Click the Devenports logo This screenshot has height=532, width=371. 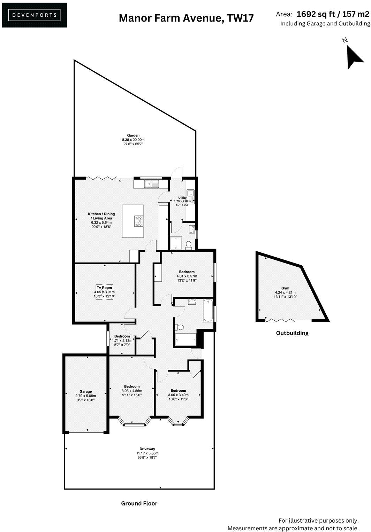pyautogui.click(x=34, y=15)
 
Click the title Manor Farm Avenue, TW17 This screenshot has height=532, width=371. pyautogui.click(x=186, y=18)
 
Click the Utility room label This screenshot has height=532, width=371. pyautogui.click(x=182, y=198)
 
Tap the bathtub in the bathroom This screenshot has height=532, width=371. pyautogui.click(x=208, y=310)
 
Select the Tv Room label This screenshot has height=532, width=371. pyautogui.click(x=105, y=288)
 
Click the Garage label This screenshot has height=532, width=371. pyautogui.click(x=85, y=391)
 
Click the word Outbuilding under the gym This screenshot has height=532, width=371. pyautogui.click(x=292, y=333)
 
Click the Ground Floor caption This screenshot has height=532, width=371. pyautogui.click(x=139, y=503)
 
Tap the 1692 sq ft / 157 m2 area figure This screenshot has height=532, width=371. pyautogui.click(x=332, y=14)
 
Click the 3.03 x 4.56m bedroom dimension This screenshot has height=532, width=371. pyautogui.click(x=132, y=391)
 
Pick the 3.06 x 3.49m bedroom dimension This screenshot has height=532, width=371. pyautogui.click(x=178, y=395)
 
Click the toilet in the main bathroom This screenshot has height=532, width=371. pyautogui.click(x=179, y=327)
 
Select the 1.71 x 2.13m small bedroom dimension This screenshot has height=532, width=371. pyautogui.click(x=122, y=341)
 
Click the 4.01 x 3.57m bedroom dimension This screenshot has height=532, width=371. pyautogui.click(x=187, y=276)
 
